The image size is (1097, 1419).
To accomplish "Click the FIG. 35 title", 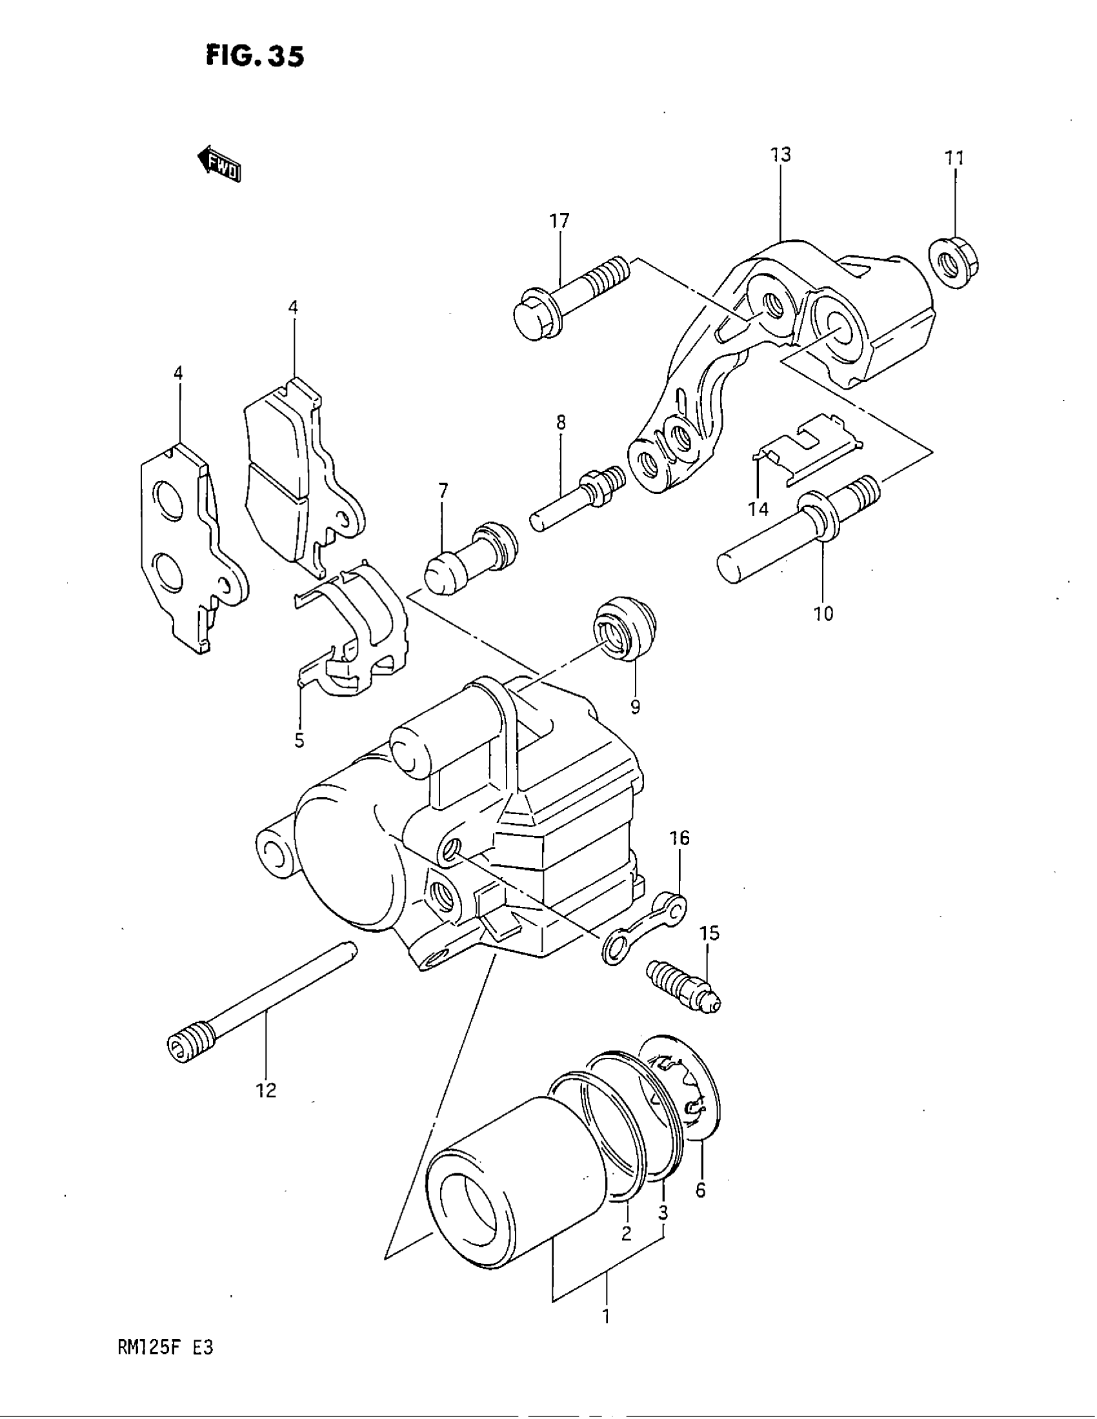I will coord(254,56).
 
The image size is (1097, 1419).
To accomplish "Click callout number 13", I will coord(781,155).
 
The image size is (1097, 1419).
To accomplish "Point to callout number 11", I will coord(954,158).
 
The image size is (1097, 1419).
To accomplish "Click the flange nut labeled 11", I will coord(954,263).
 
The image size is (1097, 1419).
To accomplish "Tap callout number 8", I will coord(560,423).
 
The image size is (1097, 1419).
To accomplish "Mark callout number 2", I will coord(626,1233).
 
